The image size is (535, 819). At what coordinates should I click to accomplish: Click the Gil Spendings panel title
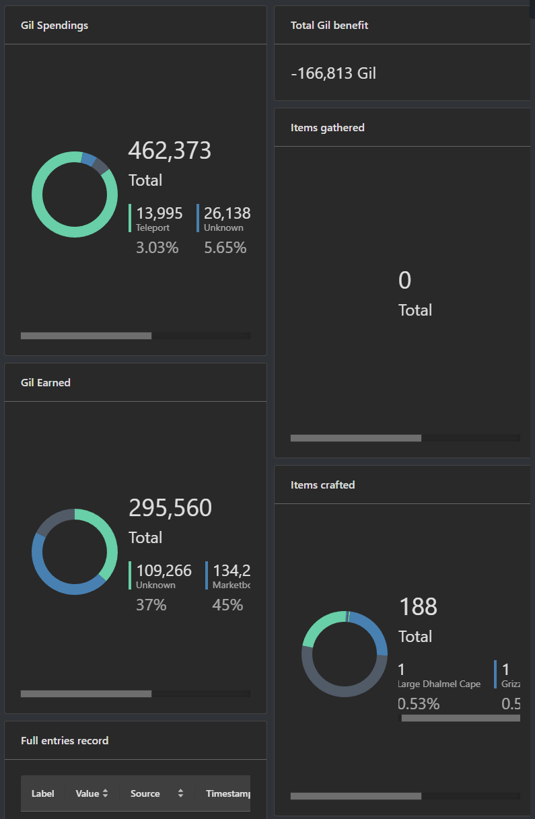click(55, 26)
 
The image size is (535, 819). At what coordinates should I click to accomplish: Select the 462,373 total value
click(170, 151)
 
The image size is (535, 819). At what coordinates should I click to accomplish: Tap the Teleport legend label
click(153, 228)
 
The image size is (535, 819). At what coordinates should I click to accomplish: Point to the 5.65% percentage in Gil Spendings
click(225, 248)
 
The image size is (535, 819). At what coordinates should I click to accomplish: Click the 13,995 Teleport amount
click(159, 213)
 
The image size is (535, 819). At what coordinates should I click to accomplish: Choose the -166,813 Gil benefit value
click(333, 73)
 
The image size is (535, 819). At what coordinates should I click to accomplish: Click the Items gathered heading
click(328, 128)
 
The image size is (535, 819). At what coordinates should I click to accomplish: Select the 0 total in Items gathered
click(404, 281)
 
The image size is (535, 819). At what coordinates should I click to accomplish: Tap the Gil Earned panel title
click(46, 383)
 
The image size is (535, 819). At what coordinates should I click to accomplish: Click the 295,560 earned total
click(170, 508)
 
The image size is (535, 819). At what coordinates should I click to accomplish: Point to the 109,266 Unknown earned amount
click(164, 571)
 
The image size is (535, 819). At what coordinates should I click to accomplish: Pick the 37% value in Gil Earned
click(151, 605)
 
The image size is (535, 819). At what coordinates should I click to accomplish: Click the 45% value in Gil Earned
click(227, 605)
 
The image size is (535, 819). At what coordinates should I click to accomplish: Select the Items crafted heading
click(322, 485)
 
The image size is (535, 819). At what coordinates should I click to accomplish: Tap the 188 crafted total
click(418, 607)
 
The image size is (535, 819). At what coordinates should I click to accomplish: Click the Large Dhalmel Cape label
click(439, 684)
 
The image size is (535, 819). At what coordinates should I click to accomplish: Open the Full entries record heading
click(65, 741)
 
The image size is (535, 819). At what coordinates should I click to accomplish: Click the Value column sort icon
click(105, 794)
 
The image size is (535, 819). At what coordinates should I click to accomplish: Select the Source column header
click(145, 794)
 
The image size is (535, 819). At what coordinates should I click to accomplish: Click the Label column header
click(43, 794)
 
